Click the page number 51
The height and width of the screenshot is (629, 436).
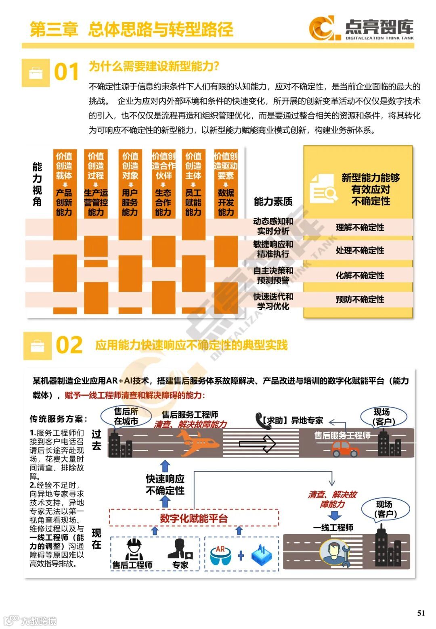pos(421,613)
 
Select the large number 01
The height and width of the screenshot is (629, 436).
pos(67,73)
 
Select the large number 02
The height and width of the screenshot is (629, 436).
pos(69,345)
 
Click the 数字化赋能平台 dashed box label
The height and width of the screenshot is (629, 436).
pos(194,518)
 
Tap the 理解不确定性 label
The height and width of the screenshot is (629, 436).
pos(360,228)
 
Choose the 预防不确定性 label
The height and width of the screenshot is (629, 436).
pos(360,299)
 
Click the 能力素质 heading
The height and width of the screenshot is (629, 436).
pos(273,201)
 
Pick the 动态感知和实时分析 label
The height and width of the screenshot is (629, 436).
pos(273,226)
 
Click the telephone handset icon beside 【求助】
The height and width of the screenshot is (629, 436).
pos(260,420)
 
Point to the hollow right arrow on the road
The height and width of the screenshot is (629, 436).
pos(257,444)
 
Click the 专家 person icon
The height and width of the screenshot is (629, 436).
pos(180,549)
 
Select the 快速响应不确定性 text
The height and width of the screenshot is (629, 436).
pos(165,485)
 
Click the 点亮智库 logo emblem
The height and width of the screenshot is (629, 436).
pos(322,28)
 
